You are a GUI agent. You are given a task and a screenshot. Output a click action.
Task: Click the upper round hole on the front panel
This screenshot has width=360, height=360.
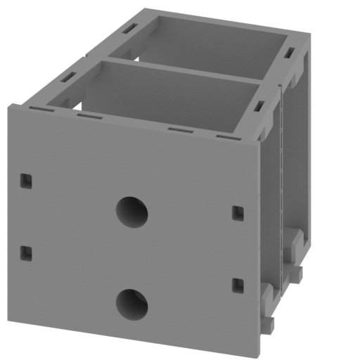pyautogui.click(x=132, y=212)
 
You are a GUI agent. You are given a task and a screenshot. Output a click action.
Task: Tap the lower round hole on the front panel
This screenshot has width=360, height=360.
pyautogui.click(x=131, y=303)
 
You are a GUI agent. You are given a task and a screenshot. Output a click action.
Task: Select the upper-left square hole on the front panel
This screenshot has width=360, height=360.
pyautogui.click(x=25, y=181)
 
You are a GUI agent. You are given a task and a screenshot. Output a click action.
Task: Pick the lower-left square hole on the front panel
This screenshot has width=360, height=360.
pyautogui.click(x=26, y=252)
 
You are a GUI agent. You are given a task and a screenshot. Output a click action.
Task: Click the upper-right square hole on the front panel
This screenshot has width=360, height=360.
pyautogui.click(x=238, y=212)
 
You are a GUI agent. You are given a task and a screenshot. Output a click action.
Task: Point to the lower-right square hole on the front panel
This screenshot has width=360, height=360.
pyautogui.click(x=238, y=285)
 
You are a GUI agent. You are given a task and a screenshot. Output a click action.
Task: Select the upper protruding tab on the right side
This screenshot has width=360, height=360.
pyautogui.click(x=297, y=246)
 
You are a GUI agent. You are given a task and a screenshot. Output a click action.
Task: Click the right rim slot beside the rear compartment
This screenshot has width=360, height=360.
pyautogui.click(x=290, y=53)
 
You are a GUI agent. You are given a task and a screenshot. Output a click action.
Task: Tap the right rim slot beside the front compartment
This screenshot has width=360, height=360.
pyautogui.click(x=258, y=107)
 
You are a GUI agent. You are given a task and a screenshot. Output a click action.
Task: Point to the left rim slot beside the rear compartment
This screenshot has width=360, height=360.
pyautogui.click(x=129, y=29)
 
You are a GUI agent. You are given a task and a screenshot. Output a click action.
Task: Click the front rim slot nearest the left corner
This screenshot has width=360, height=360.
pyautogui.click(x=38, y=109)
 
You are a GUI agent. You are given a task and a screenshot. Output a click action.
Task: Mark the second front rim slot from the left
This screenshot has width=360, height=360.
pyautogui.click(x=89, y=116)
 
